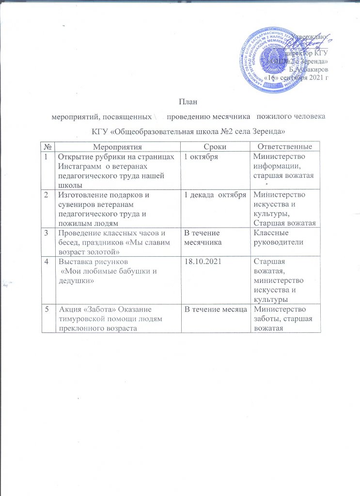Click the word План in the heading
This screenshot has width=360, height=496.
(x=180, y=102)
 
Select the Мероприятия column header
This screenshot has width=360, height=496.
(x=118, y=146)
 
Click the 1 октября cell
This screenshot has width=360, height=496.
(x=200, y=156)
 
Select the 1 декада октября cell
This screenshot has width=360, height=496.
(x=213, y=195)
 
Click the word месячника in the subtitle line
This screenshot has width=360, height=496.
(x=228, y=116)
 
